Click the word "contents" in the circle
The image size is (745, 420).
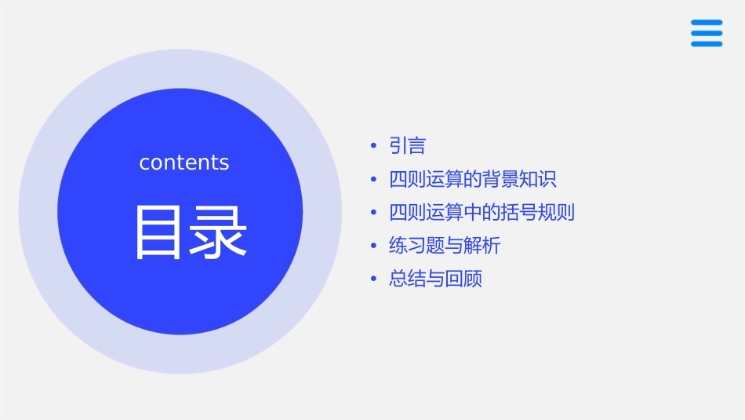click(184, 163)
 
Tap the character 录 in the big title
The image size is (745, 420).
click(218, 232)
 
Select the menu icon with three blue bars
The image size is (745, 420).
click(706, 33)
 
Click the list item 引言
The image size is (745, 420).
click(407, 146)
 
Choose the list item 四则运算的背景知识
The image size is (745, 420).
click(472, 179)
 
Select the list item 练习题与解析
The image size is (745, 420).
click(444, 246)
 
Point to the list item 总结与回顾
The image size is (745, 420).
click(435, 279)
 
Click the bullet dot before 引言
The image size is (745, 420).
click(373, 146)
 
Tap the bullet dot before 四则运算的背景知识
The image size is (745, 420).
click(373, 179)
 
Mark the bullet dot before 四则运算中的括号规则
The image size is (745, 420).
click(373, 213)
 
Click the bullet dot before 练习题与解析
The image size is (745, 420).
click(373, 246)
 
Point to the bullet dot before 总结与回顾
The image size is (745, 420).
click(373, 279)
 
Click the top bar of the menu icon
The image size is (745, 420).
click(706, 23)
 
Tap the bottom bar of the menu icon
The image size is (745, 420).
click(706, 44)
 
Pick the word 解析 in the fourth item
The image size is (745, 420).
click(482, 246)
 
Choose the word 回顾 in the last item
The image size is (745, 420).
click(463, 279)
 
